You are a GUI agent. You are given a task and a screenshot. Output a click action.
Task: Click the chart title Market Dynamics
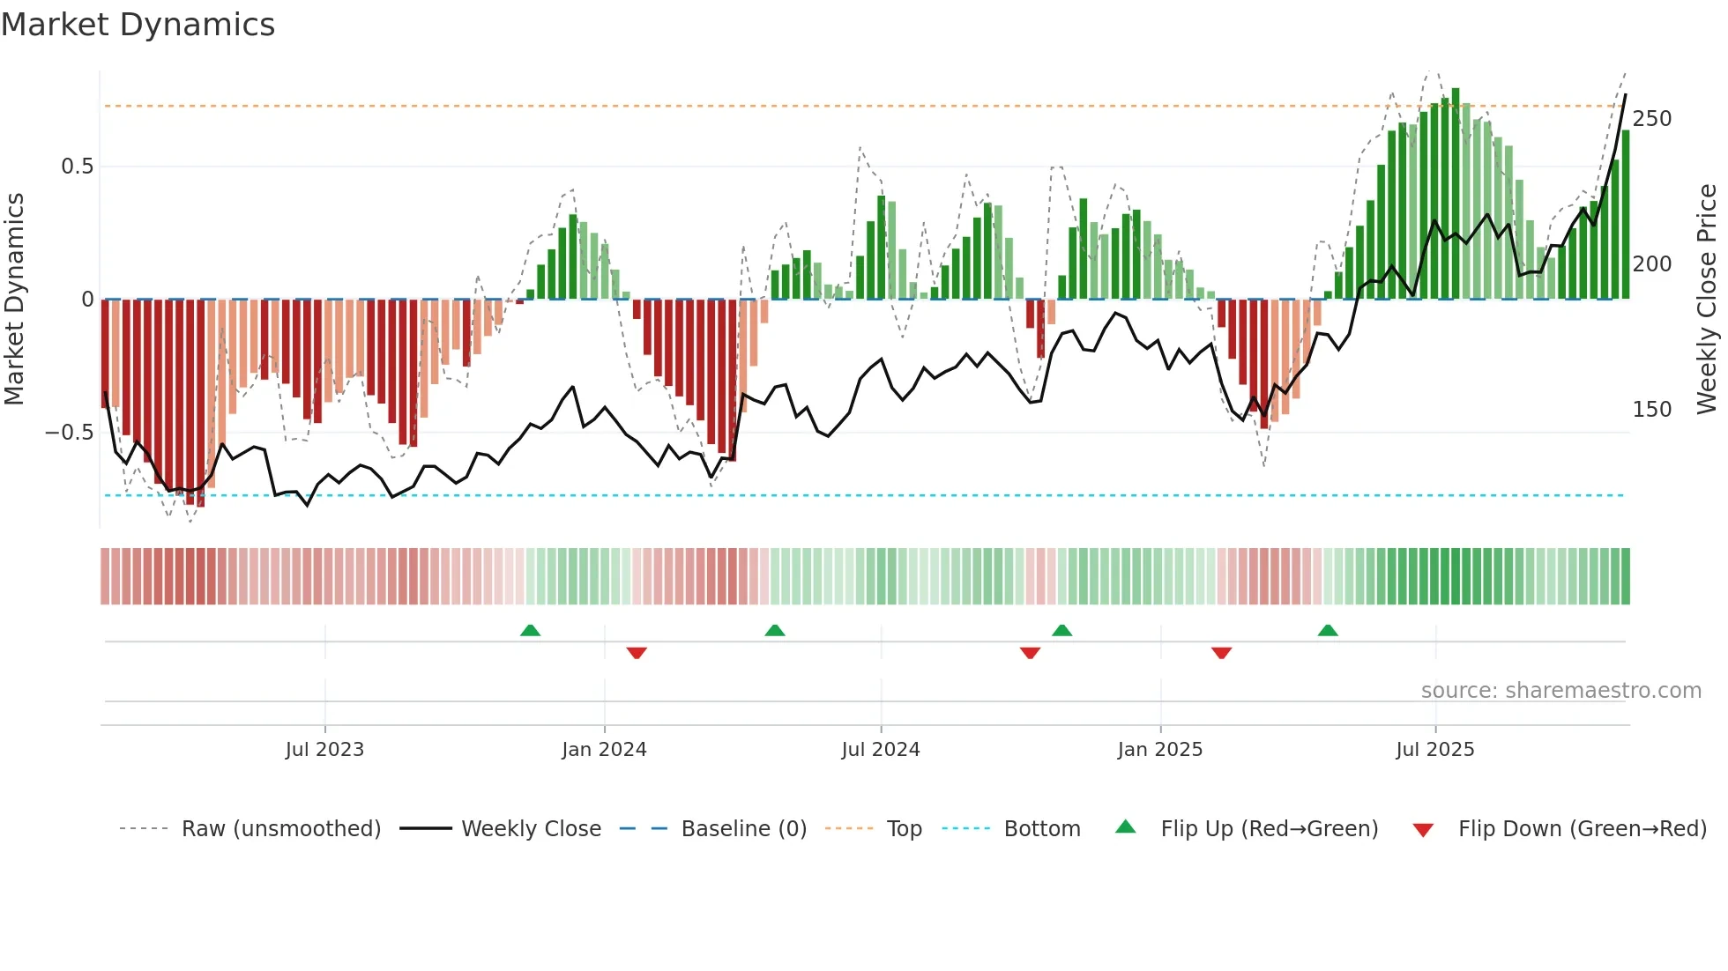click(138, 25)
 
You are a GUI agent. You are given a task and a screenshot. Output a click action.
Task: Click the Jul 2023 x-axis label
click(324, 750)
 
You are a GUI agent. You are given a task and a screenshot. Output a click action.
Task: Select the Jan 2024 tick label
click(604, 750)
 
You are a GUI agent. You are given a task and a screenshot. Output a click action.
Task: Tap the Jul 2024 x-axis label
click(880, 750)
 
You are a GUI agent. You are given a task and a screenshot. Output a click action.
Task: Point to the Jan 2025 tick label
click(1159, 750)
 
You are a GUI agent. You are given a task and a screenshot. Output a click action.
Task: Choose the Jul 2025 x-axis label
click(1434, 750)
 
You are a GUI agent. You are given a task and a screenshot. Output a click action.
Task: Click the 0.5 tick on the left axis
click(77, 167)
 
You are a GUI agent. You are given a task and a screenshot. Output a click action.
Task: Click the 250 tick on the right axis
click(1651, 119)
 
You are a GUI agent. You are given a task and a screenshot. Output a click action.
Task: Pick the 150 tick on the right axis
click(1651, 410)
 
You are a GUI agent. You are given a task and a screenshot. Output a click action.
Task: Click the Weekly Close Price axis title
click(1707, 300)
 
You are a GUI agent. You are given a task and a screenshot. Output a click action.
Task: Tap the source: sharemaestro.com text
click(1560, 691)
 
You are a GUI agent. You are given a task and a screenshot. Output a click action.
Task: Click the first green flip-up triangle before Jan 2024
click(530, 631)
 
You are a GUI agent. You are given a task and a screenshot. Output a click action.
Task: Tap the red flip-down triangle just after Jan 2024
click(637, 653)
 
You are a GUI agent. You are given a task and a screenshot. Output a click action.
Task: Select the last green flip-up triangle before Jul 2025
click(1327, 631)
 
